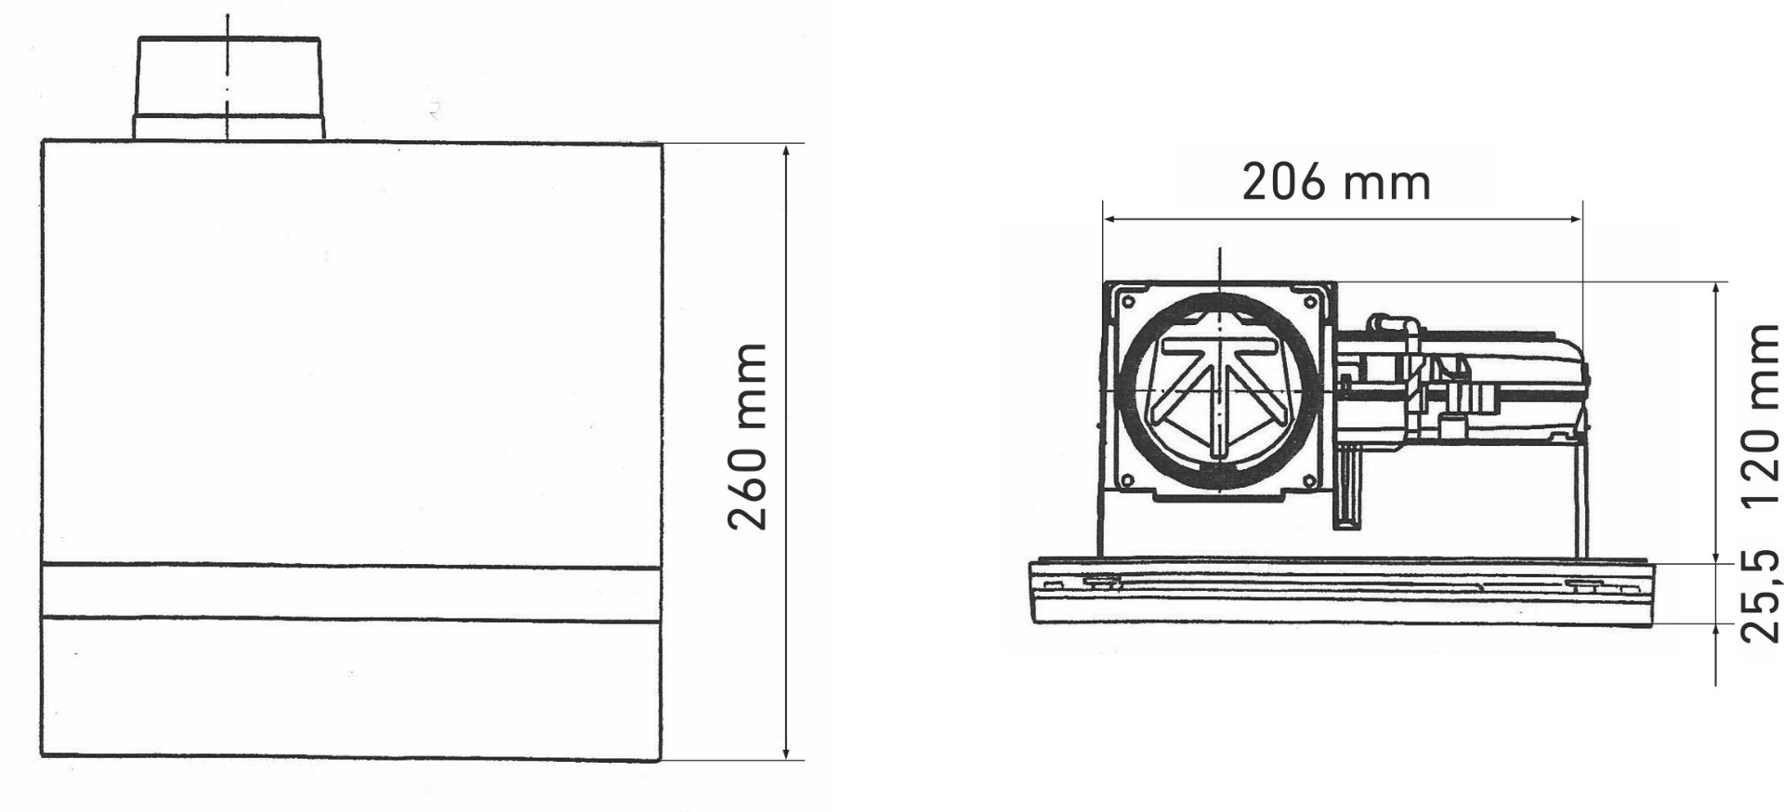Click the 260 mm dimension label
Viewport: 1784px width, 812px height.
pos(748,436)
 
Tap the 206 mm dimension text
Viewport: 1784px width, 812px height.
pos(1336,183)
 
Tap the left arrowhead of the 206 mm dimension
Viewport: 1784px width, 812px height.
pos(1111,220)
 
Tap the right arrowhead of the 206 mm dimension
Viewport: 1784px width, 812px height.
pos(1572,220)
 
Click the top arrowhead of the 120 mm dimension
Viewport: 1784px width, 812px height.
pos(1716,289)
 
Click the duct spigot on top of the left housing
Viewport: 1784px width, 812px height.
pos(229,89)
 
